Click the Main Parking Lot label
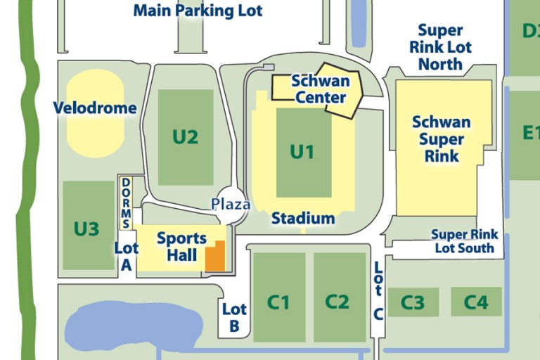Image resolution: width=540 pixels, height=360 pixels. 198,11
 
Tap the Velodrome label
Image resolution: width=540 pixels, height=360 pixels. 95,108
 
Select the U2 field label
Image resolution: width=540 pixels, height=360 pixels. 185,136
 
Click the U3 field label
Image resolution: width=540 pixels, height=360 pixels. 86,229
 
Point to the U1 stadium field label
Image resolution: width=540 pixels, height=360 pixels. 302,151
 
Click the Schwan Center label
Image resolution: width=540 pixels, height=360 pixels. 320,89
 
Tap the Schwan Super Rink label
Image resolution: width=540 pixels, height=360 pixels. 441,139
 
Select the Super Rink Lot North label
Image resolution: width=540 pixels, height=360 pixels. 441,47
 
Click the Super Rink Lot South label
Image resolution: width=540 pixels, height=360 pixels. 464,241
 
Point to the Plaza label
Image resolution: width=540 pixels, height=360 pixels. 231,205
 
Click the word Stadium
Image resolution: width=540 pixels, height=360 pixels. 303,219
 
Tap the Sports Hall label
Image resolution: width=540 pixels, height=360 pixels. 181,246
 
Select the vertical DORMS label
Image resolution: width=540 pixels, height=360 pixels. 127,202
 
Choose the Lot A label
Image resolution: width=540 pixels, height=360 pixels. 127,256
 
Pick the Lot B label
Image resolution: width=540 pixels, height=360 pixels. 234,317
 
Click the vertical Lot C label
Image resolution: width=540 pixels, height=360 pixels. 378,290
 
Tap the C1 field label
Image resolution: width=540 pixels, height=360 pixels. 278,302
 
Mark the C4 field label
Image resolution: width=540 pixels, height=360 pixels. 476,302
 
